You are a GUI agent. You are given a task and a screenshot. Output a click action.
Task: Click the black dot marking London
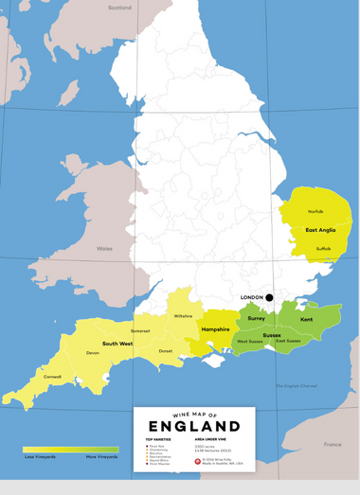(x=269, y=297)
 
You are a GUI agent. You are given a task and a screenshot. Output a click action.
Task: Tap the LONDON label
(x=251, y=297)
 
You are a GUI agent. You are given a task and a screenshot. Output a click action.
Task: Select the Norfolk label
(x=315, y=211)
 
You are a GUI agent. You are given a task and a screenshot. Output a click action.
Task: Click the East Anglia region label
(x=320, y=230)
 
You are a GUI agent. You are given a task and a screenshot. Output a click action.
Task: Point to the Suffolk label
(x=323, y=249)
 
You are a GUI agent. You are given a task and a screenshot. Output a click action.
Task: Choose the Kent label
(x=307, y=320)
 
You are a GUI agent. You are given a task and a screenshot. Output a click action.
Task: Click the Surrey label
(x=256, y=319)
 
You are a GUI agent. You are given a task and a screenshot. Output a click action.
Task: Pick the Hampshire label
(x=217, y=327)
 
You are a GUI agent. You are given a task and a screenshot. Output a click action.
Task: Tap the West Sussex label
(x=249, y=341)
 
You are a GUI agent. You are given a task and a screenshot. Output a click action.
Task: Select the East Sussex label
(x=288, y=341)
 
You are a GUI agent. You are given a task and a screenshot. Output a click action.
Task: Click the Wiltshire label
(x=183, y=316)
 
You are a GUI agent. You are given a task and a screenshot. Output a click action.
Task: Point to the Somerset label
(x=140, y=330)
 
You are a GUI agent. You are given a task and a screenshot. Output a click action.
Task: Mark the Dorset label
(x=166, y=351)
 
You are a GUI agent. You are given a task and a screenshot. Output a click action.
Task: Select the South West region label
(x=117, y=344)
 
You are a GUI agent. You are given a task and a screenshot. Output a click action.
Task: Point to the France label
(x=332, y=444)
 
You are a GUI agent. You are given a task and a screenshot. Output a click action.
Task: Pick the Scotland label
(x=119, y=8)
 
